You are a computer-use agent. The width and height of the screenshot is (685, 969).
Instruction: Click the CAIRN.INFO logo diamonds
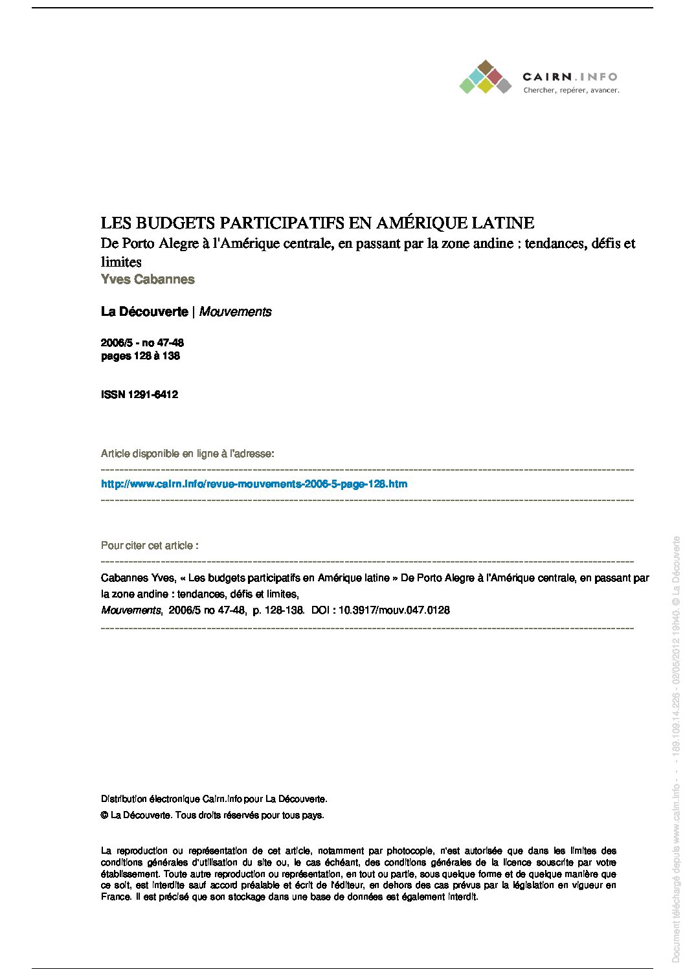pos(486,78)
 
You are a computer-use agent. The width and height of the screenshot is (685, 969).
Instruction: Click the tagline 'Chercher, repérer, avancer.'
pos(571,91)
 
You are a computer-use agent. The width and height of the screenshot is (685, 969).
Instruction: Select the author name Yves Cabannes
pos(148,280)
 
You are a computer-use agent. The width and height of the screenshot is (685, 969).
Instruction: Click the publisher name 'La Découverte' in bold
pos(144,312)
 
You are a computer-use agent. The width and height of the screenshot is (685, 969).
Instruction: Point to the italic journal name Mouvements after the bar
pos(235,312)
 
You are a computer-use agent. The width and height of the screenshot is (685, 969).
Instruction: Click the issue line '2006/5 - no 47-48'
pos(142,343)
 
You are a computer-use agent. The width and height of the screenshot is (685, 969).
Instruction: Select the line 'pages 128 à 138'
pos(140,356)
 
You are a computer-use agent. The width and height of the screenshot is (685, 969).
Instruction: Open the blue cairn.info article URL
pos(254,484)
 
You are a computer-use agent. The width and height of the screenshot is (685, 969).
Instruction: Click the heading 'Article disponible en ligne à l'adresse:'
pos(187,454)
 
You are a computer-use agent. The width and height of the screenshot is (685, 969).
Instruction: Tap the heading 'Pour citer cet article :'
pos(150,546)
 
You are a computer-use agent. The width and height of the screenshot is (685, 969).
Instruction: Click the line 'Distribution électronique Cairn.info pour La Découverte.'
pos(214,799)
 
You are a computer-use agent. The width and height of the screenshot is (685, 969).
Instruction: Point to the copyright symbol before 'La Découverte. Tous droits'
pos(104,816)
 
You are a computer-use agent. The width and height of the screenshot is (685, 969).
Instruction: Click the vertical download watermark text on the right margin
pos(676,751)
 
